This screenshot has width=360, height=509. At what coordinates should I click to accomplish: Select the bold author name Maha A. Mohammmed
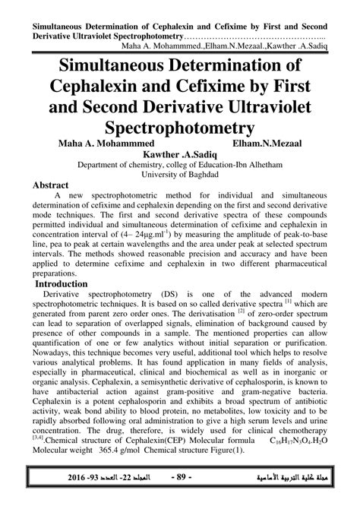pos(90,141)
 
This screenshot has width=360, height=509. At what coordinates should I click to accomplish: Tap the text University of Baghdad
pos(179,174)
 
